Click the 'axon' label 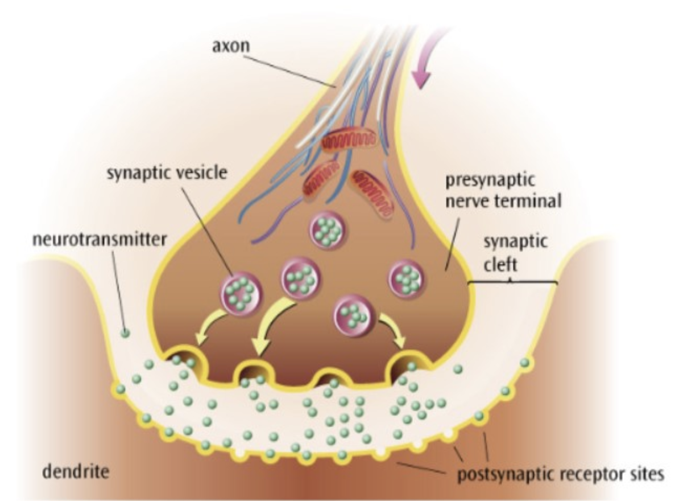coord(231,46)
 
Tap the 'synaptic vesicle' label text coord(167,173)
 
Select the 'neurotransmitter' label coord(100,240)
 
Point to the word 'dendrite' coord(76,471)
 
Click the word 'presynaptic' coord(490,180)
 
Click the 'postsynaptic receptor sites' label coord(561,475)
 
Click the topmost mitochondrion coord(349,142)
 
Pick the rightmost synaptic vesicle coord(407,278)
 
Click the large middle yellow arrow coord(268,325)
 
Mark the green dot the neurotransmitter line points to coord(125,333)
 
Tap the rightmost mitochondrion coord(372,194)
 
